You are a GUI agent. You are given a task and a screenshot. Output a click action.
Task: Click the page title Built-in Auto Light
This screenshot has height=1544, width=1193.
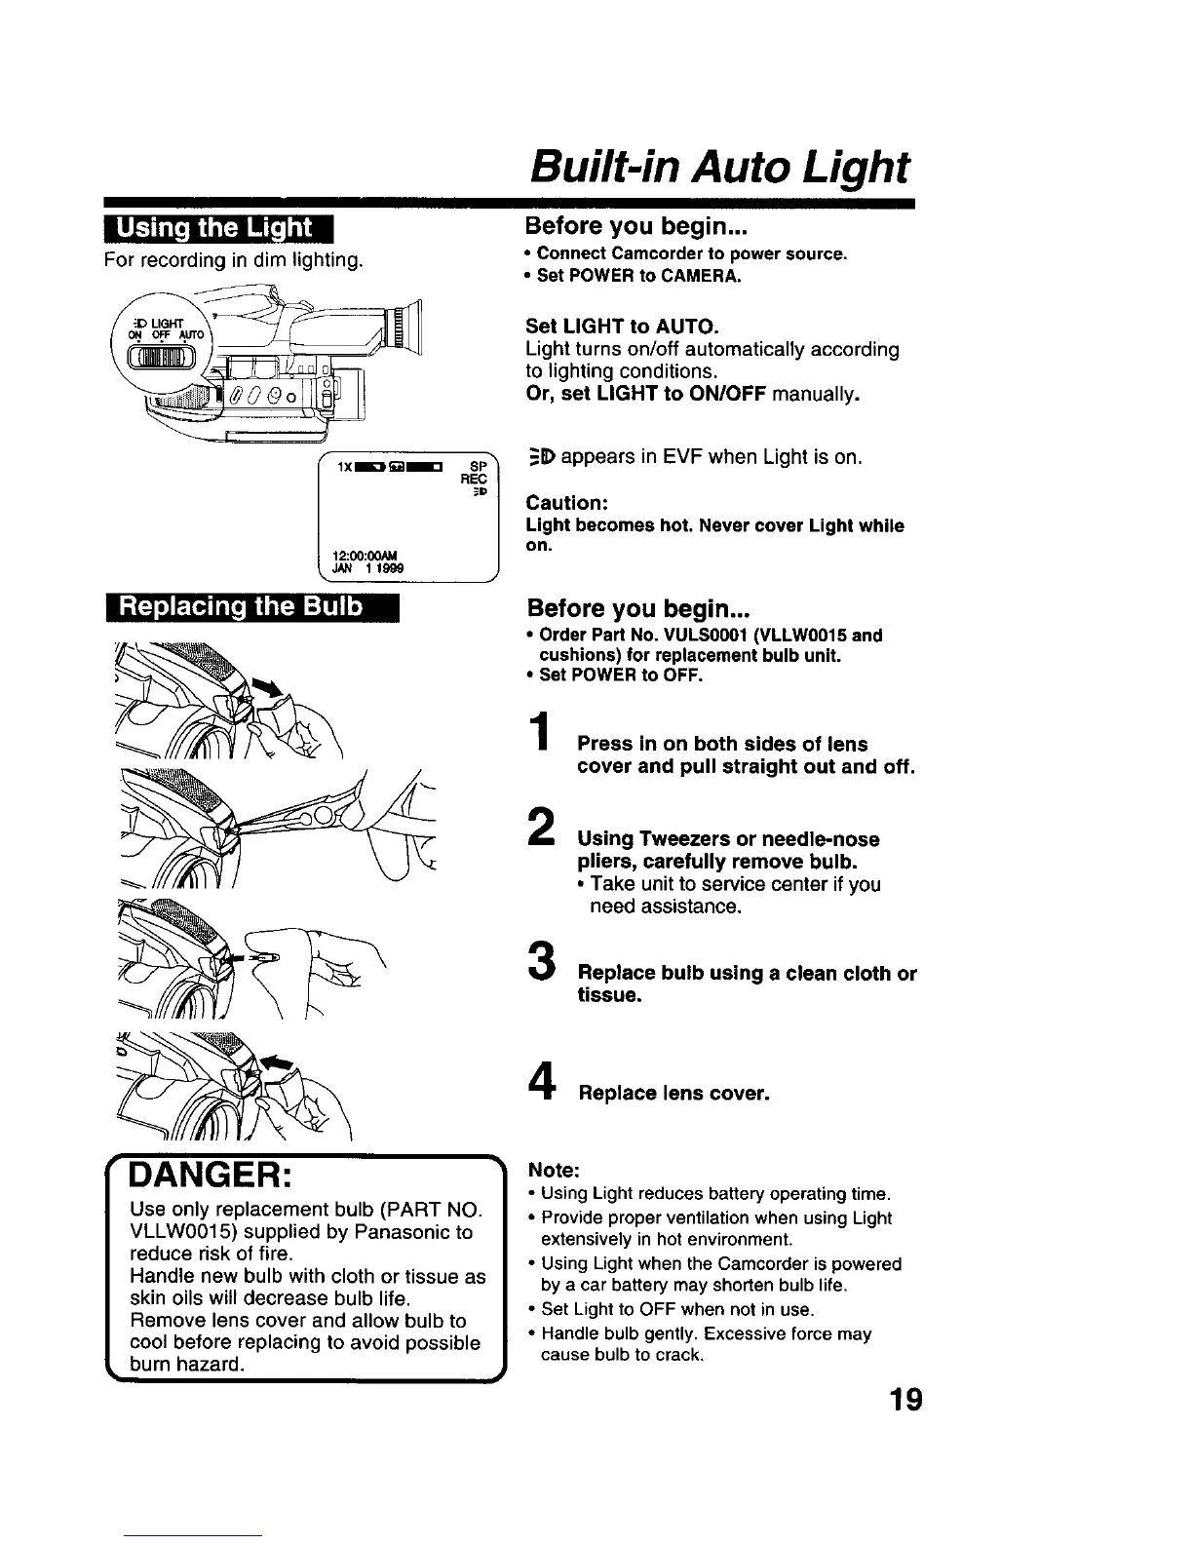click(x=718, y=168)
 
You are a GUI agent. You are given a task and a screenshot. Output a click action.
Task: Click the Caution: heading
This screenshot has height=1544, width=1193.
click(x=567, y=503)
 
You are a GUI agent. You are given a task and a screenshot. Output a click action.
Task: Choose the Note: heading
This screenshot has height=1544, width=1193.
click(x=554, y=1169)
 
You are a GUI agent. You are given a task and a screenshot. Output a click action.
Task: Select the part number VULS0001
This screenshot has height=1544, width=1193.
click(x=686, y=636)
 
